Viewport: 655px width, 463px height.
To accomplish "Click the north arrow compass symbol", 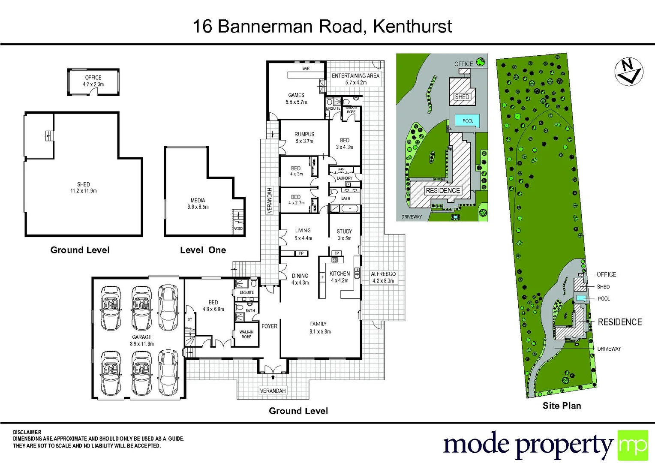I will point(628,72).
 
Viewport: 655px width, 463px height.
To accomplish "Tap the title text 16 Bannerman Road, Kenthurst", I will point(322,26).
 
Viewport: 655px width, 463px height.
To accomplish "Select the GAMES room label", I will point(296,98).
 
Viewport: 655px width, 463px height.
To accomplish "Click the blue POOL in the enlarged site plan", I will point(467,120).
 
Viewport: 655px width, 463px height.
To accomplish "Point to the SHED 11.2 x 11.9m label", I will point(84,187).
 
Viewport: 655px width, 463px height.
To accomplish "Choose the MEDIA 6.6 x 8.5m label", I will point(198,203).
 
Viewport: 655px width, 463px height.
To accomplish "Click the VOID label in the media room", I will point(238,228).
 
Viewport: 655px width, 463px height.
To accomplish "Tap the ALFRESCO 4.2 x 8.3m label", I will point(383,277).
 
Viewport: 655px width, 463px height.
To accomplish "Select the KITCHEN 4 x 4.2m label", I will point(340,277).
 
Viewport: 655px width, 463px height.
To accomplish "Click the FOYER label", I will point(269,326).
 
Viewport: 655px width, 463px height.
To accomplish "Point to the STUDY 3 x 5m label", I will point(344,235).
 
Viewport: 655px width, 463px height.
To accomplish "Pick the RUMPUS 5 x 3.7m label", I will point(304,137).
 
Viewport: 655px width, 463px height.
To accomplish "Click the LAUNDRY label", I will point(344,178).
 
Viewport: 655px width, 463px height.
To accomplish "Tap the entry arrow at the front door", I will point(273,378).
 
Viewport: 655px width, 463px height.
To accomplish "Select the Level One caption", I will point(203,250).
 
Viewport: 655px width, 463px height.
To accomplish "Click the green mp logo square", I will point(632,445).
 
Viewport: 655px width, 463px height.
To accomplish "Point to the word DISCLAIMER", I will point(27,432).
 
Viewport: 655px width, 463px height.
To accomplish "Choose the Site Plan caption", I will point(562,406).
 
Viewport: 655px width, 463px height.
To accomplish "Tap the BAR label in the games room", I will point(306,68).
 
